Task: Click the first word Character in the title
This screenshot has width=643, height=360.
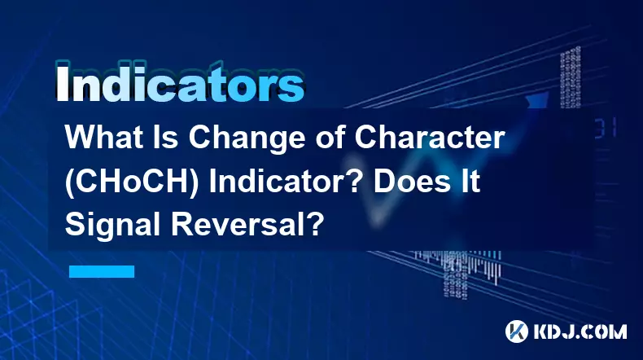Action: pyautogui.click(x=430, y=138)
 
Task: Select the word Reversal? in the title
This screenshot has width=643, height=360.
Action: pyautogui.click(x=246, y=225)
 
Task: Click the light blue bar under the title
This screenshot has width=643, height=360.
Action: pyautogui.click(x=102, y=271)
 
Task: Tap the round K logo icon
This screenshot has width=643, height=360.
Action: pyautogui.click(x=516, y=331)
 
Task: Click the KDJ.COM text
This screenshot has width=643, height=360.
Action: pyautogui.click(x=580, y=331)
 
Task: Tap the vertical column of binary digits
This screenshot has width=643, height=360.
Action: pyautogui.click(x=570, y=78)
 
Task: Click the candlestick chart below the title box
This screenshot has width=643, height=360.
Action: pyautogui.click(x=459, y=269)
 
